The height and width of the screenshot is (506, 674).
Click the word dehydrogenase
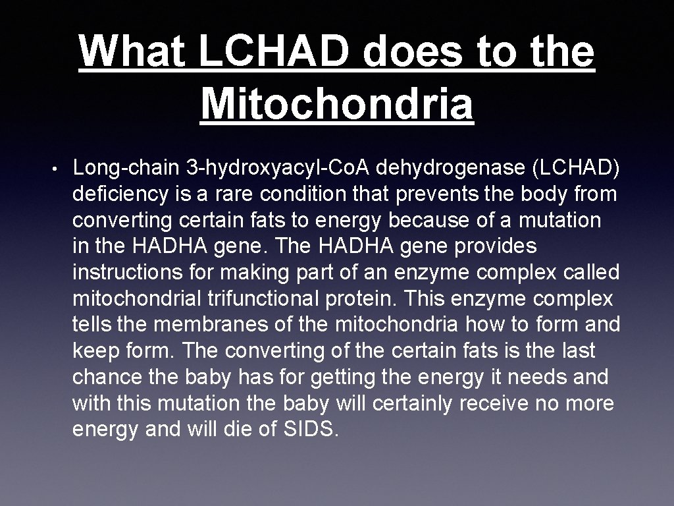451,168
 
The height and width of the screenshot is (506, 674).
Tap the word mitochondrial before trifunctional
131,298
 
